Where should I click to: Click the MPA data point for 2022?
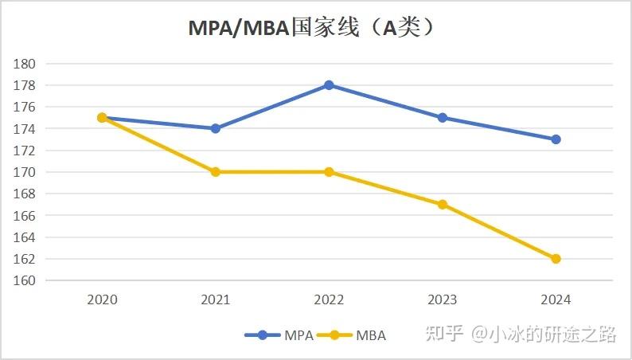point(329,85)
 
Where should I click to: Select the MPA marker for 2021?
point(216,128)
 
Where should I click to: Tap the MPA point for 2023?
point(443,118)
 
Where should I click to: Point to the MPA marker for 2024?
point(556,139)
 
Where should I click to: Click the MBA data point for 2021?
point(216,172)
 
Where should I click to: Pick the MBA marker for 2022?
point(329,172)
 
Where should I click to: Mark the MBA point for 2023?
point(443,205)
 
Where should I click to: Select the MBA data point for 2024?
point(556,259)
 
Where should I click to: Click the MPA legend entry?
point(279,335)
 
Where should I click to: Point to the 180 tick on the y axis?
point(26,64)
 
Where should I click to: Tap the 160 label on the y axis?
point(26,280)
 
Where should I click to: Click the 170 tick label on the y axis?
point(26,172)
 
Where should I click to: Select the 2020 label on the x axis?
point(102,300)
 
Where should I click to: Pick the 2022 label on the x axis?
point(329,300)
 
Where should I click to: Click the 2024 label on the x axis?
point(556,300)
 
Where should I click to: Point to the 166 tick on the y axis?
point(26,216)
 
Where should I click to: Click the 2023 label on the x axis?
point(443,300)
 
